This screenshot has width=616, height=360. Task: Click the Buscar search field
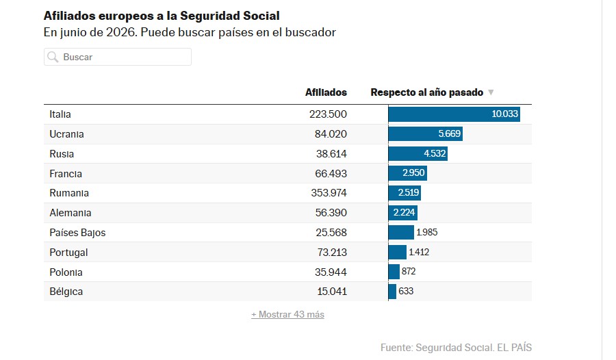[x=118, y=57]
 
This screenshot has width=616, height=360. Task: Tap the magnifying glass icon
[x=53, y=57]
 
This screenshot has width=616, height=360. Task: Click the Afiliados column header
[x=326, y=92]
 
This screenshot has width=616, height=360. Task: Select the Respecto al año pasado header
[x=427, y=92]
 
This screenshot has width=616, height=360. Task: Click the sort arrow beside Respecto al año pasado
[x=491, y=92]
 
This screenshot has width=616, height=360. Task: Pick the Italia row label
[x=60, y=114]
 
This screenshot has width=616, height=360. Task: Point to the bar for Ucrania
[x=426, y=133]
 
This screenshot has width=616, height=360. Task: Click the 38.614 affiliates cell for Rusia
[x=331, y=154]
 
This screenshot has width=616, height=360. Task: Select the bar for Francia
[x=408, y=173]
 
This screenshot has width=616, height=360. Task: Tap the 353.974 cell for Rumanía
[x=329, y=193]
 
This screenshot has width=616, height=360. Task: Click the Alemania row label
[x=70, y=213]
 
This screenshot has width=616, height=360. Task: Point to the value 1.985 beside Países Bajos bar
[x=427, y=232]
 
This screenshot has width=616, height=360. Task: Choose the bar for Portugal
[x=398, y=252]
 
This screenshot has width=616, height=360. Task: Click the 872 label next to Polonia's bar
[x=409, y=271]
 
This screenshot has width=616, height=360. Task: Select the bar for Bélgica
[x=392, y=292]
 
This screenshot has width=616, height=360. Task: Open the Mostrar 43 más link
[x=288, y=314]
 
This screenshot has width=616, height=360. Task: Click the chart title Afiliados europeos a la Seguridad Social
[x=162, y=16]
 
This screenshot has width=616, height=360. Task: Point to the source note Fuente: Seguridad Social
[x=437, y=348]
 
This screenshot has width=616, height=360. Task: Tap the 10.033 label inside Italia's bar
[x=505, y=114]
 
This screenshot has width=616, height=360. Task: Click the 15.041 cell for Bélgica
[x=332, y=292]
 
